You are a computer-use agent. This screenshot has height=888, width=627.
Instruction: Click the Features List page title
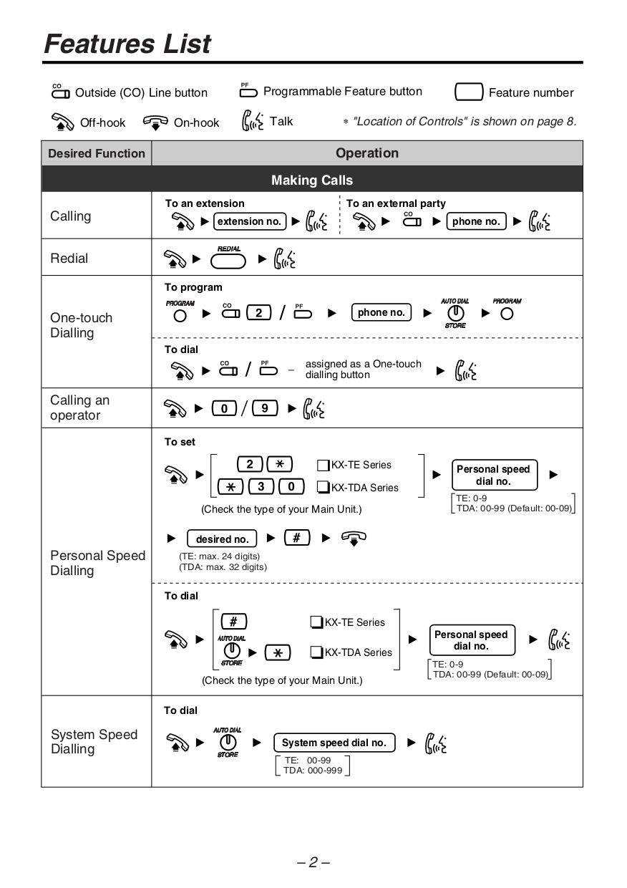click(x=127, y=44)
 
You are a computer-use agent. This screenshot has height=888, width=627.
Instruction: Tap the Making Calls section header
click(x=312, y=180)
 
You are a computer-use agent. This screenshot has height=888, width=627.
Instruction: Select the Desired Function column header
click(x=96, y=153)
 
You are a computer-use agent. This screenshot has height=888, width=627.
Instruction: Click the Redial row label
click(x=69, y=259)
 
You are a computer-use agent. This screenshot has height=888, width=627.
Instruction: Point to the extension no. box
click(x=249, y=221)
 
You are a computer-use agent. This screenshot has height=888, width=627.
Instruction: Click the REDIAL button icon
click(x=228, y=260)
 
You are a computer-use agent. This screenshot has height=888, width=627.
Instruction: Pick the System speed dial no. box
click(x=334, y=743)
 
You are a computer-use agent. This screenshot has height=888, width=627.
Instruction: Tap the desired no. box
click(x=223, y=539)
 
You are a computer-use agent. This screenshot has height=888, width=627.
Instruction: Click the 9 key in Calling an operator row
click(x=265, y=408)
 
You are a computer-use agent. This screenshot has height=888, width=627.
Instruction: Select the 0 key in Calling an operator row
click(x=225, y=408)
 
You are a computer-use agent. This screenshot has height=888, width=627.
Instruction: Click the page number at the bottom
click(x=313, y=862)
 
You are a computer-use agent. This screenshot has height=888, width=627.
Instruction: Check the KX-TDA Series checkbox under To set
click(x=323, y=488)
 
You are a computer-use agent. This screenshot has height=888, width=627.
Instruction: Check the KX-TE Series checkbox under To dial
click(x=316, y=622)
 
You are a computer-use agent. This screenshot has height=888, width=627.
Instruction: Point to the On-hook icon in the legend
click(x=155, y=122)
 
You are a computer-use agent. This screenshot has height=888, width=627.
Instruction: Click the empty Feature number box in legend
click(x=468, y=92)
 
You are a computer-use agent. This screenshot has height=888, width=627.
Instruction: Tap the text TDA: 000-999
click(x=313, y=771)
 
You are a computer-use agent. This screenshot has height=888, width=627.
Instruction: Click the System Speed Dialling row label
click(x=93, y=741)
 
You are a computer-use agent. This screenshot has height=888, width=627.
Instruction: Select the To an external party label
click(x=396, y=203)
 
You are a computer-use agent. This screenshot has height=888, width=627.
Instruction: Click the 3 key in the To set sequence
click(x=261, y=487)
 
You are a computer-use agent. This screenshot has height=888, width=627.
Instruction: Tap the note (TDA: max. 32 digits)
click(x=223, y=566)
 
